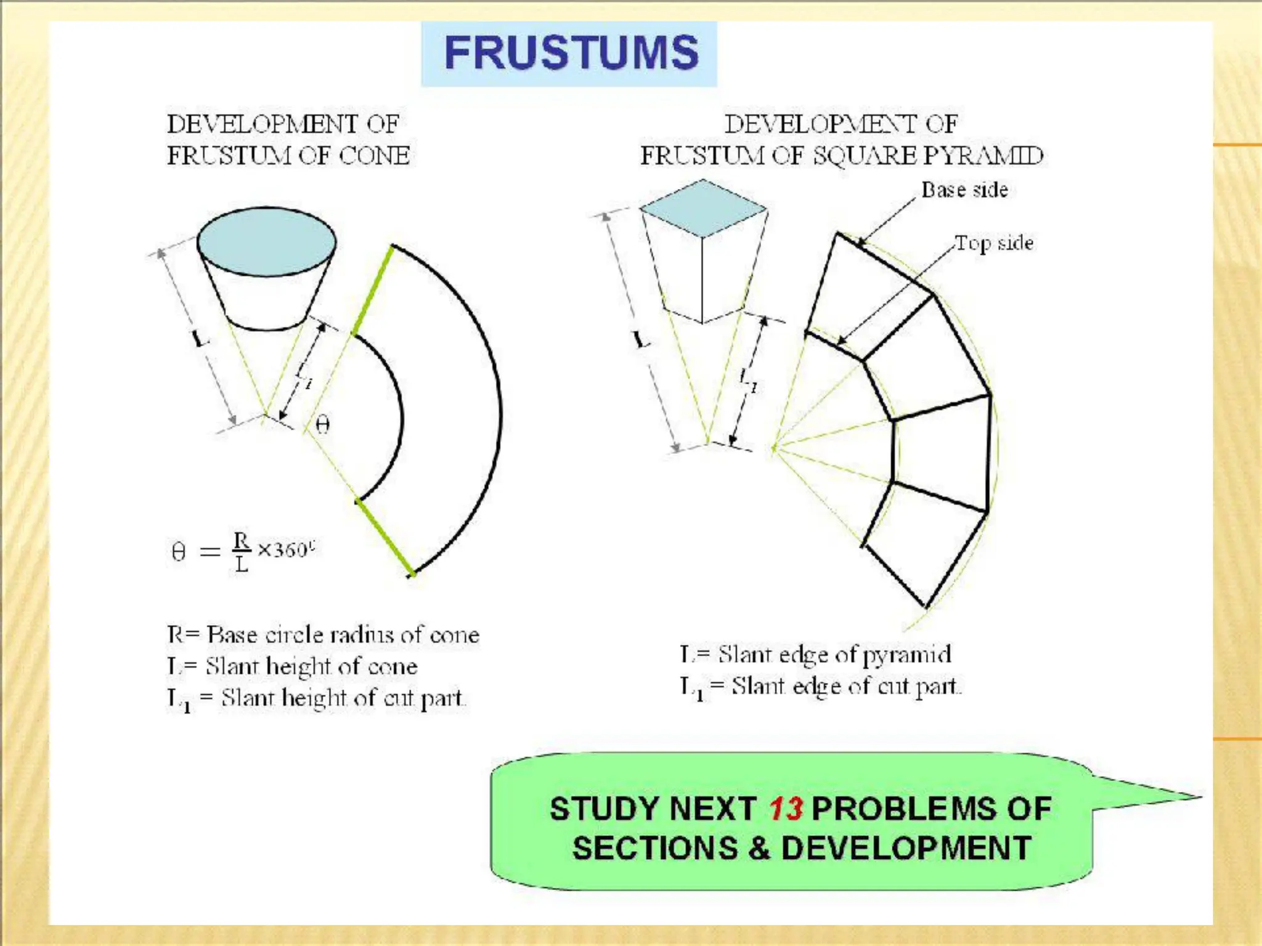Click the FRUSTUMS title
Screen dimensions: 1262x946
click(571, 53)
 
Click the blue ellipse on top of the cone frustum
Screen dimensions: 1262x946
click(266, 241)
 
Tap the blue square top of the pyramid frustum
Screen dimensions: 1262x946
click(703, 208)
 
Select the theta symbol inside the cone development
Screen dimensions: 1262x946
click(322, 424)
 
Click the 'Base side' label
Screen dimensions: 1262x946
click(964, 190)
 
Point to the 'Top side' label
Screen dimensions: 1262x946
click(994, 243)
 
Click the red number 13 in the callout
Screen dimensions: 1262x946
click(786, 809)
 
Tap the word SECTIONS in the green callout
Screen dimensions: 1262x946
click(655, 848)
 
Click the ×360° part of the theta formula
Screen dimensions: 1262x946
click(285, 549)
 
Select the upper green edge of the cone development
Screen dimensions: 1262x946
click(372, 289)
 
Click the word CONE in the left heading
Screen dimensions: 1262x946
click(375, 155)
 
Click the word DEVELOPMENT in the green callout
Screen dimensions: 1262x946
click(906, 848)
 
